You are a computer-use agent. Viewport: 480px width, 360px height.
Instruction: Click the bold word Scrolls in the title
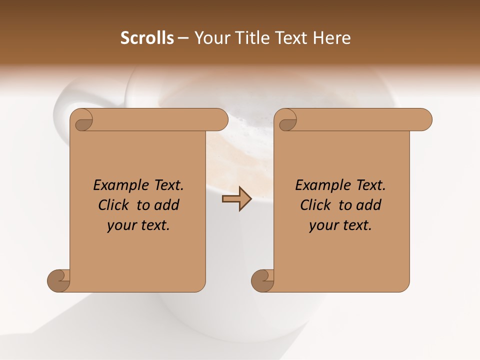point(147,38)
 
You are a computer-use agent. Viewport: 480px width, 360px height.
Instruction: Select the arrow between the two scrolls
point(236,199)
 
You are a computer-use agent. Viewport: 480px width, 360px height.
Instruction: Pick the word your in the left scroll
point(121,225)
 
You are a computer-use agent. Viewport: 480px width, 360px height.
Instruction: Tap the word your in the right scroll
point(323,225)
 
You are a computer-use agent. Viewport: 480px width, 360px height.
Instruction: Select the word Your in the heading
point(209,38)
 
